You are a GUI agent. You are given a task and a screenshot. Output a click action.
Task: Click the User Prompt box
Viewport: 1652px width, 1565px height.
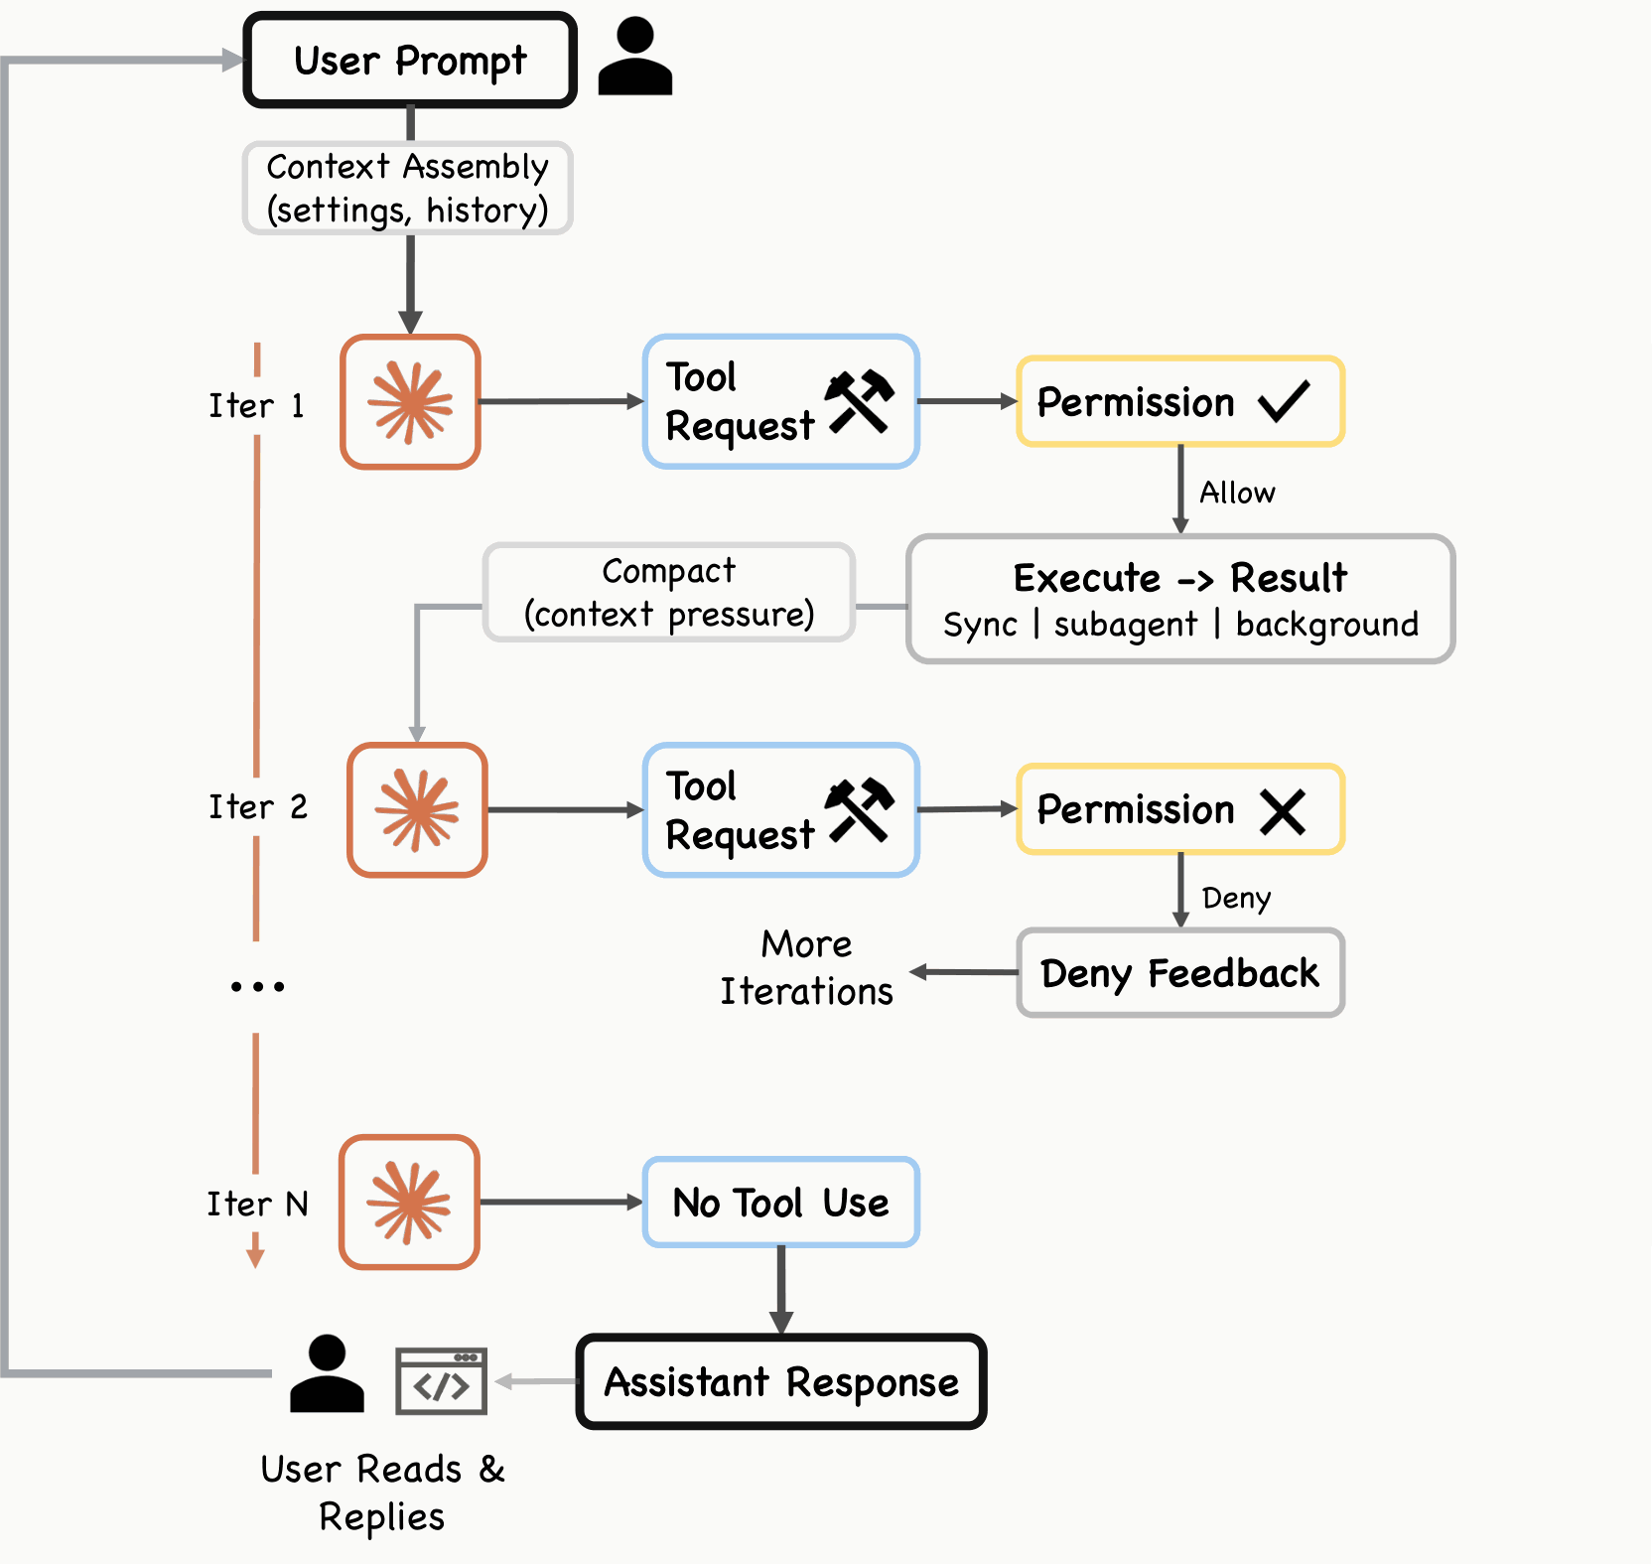tap(410, 60)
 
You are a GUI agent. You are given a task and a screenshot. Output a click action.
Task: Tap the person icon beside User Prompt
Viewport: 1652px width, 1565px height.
tap(635, 57)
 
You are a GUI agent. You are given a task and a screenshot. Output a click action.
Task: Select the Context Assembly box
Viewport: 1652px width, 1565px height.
tap(408, 189)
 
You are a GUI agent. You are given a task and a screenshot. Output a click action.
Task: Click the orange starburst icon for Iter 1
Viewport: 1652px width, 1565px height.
tap(410, 402)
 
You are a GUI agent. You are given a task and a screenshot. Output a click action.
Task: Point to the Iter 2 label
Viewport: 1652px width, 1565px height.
tap(258, 806)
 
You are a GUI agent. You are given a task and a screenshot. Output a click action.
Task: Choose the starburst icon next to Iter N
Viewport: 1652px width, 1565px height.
tap(409, 1203)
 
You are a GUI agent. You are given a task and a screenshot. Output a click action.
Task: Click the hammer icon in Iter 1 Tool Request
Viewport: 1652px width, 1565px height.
tap(860, 402)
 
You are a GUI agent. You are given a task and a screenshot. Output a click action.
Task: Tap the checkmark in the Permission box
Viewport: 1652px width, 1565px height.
tap(1284, 401)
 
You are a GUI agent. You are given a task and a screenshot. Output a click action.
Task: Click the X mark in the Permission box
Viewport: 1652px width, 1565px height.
tap(1283, 811)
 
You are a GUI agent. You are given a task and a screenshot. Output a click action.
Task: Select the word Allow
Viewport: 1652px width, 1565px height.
tap(1237, 493)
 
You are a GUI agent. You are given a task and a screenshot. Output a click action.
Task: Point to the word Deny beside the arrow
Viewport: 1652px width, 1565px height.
tap(1236, 899)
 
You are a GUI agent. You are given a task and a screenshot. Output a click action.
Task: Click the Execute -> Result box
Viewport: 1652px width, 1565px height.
tap(1180, 599)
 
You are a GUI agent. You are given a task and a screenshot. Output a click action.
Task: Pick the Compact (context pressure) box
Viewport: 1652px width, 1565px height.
tap(669, 593)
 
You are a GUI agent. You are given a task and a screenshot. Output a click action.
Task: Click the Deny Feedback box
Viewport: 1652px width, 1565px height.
tap(1180, 973)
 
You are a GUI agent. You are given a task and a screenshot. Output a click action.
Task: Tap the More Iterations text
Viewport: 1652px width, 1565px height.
tap(806, 968)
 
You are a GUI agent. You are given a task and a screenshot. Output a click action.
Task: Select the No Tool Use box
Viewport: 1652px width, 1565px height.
tap(781, 1203)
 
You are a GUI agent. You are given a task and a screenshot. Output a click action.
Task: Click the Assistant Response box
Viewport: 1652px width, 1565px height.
tap(781, 1382)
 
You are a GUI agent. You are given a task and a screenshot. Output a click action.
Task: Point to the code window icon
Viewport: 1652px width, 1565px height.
tap(441, 1381)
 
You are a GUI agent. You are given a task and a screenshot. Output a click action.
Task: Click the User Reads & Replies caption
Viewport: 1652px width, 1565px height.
tap(382, 1493)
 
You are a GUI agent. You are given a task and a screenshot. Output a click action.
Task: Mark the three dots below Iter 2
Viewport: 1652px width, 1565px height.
tap(258, 986)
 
